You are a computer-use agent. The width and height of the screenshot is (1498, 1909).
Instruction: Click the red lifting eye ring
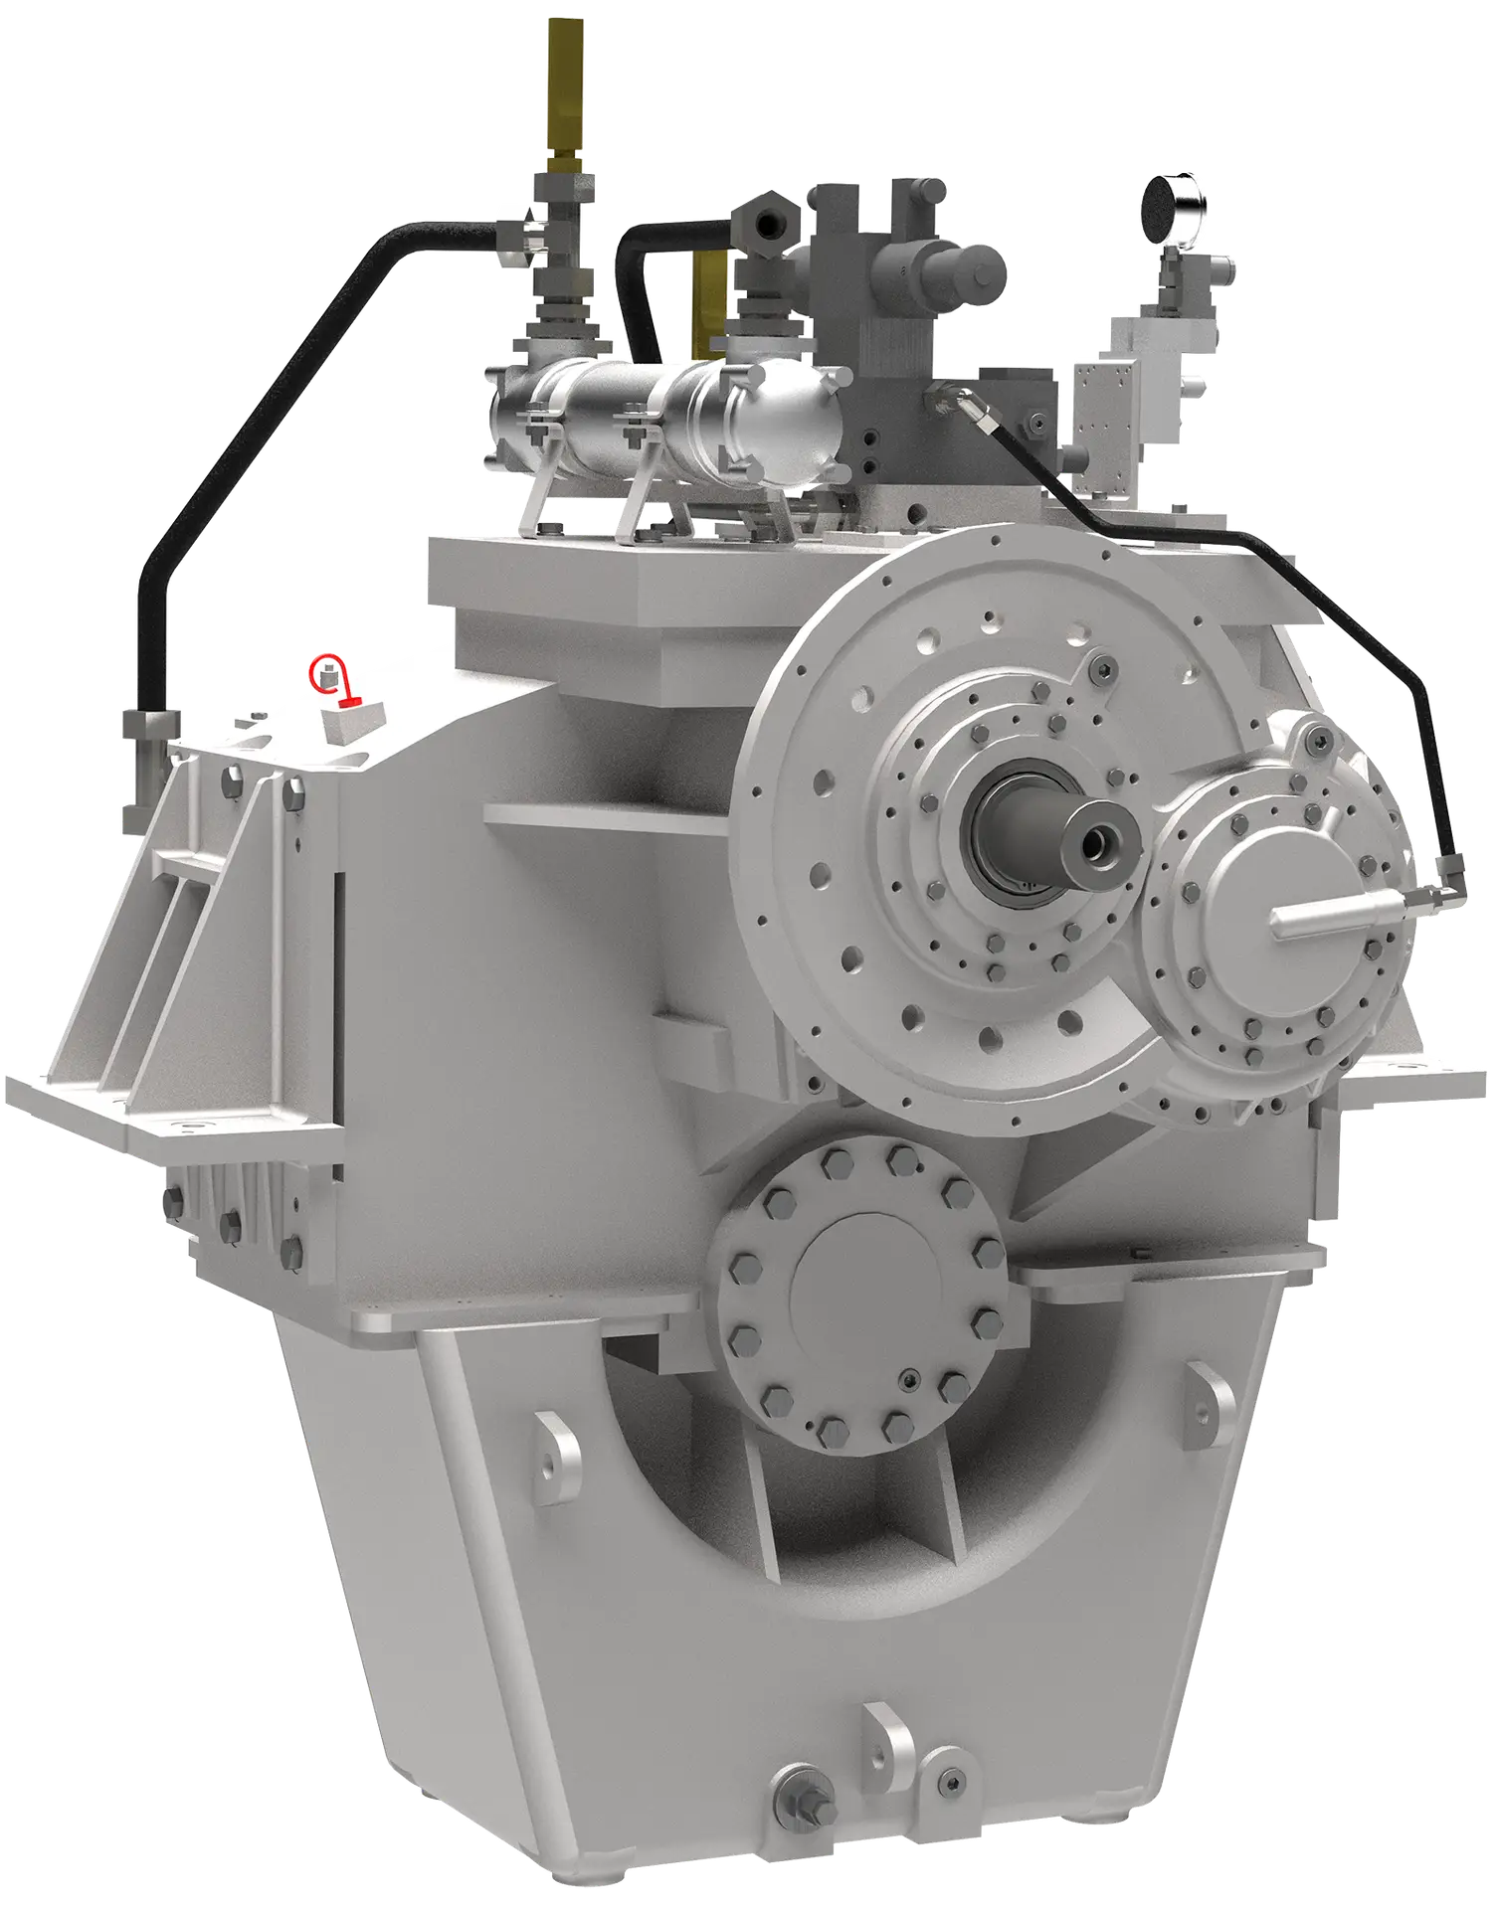pyautogui.click(x=324, y=674)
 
